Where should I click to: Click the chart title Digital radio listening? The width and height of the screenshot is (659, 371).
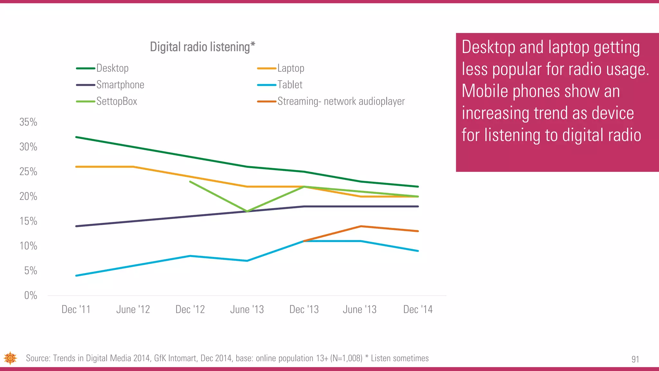(x=202, y=47)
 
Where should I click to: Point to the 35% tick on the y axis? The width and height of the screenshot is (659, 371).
(x=28, y=122)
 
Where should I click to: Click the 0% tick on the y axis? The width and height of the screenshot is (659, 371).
(x=31, y=295)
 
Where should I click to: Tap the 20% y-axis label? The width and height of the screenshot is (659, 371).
(x=28, y=196)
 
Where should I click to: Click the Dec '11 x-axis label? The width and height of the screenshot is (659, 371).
(x=76, y=309)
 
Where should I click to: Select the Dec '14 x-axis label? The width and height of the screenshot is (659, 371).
(x=418, y=309)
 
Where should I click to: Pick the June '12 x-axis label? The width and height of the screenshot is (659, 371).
(x=133, y=309)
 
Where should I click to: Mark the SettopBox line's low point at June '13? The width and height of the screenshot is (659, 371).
(x=247, y=211)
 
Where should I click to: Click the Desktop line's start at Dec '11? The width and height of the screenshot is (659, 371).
(x=76, y=137)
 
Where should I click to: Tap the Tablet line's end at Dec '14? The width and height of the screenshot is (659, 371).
(x=418, y=251)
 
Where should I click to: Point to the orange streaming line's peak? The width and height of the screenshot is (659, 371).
(x=361, y=226)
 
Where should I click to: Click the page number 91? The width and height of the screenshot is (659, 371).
(x=635, y=359)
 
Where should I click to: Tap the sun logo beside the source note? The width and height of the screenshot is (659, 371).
(x=10, y=358)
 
